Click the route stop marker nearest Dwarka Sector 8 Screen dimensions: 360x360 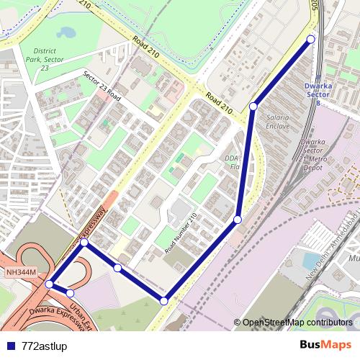point(311,39)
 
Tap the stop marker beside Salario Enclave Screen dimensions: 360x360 point(253,107)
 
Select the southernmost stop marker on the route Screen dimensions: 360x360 point(164,301)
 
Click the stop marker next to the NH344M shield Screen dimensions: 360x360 point(49,284)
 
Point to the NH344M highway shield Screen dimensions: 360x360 point(20,271)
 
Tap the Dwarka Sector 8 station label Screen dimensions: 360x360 point(318,94)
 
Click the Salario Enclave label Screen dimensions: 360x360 point(278,121)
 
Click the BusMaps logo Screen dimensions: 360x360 point(325,346)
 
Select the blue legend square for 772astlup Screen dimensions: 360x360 point(12,346)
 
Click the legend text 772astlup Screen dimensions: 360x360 point(45,346)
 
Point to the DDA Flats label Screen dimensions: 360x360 point(231,163)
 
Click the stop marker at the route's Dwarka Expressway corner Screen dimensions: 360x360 point(84,243)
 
